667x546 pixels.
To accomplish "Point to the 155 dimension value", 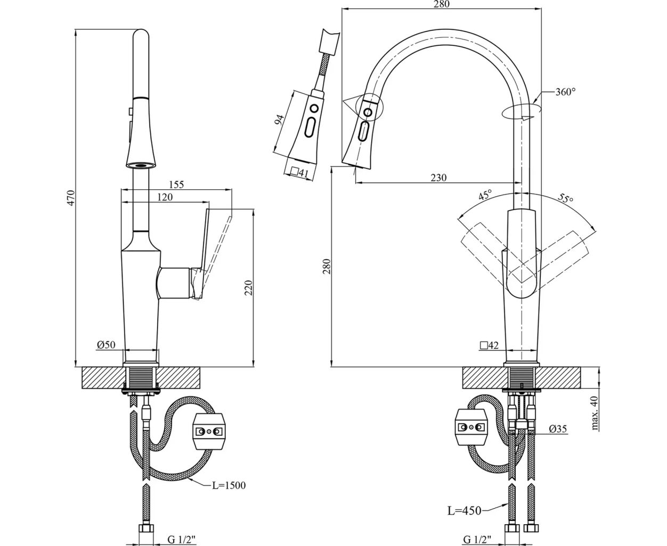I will coord(176,184).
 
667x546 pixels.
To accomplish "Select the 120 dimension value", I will coord(165,197).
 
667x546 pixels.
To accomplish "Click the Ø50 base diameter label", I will coord(106,345).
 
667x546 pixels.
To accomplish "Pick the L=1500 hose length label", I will coord(229,485).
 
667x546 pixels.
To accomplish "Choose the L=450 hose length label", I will coord(464,511).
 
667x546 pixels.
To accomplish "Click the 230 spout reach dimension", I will coord(438,178).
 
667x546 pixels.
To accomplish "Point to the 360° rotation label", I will coord(565,92).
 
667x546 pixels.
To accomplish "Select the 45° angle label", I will coord(485,196).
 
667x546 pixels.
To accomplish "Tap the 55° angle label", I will coord(565,199).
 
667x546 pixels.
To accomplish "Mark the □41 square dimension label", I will coord(300,172).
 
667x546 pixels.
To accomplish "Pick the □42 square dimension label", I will coord(489,345).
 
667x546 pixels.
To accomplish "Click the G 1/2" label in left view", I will coord(182,539).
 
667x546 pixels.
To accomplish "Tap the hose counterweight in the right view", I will coord(471,428).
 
